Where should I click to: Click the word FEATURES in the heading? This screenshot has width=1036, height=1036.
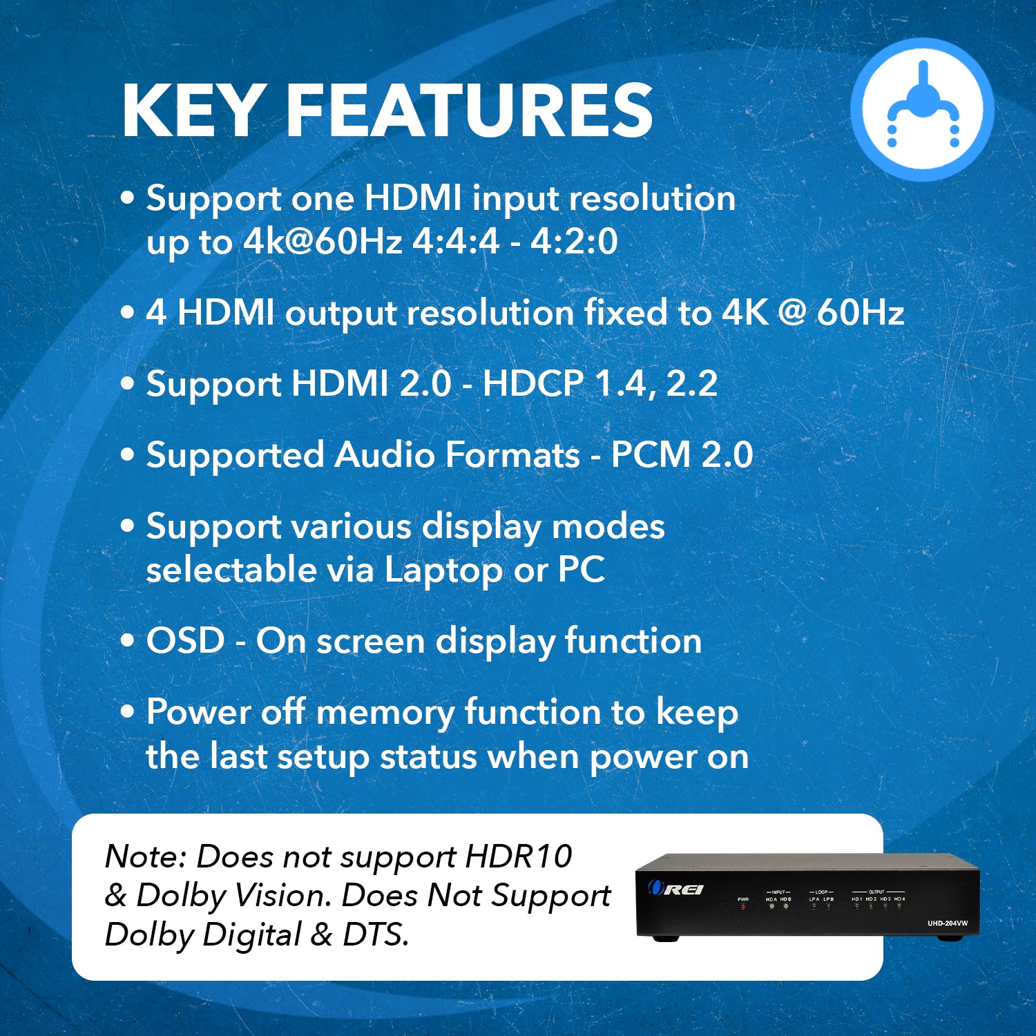click(469, 111)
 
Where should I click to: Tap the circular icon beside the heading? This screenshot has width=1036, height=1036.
click(922, 110)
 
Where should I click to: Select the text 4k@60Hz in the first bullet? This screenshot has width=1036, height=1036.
click(323, 242)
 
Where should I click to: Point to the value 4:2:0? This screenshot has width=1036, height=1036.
click(574, 242)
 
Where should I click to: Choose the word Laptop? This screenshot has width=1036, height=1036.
click(443, 570)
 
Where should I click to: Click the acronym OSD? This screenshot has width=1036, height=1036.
click(185, 641)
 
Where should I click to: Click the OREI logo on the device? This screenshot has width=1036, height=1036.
click(676, 889)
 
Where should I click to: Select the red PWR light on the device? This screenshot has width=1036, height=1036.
click(743, 906)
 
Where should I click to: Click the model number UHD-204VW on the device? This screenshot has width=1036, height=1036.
click(948, 923)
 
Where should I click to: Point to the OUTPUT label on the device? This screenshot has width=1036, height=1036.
click(876, 892)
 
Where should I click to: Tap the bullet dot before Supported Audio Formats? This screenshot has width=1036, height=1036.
click(127, 455)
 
